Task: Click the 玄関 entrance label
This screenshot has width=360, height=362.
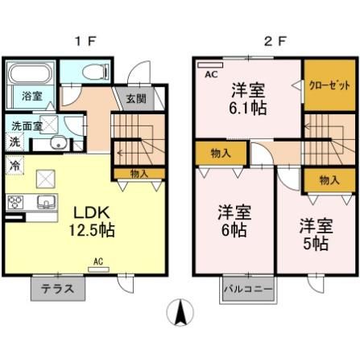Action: tap(135, 99)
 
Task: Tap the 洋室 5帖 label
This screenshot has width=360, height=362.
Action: tap(316, 232)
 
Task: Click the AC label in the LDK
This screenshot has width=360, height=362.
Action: tap(97, 261)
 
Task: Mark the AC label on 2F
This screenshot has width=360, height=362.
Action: tap(212, 75)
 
